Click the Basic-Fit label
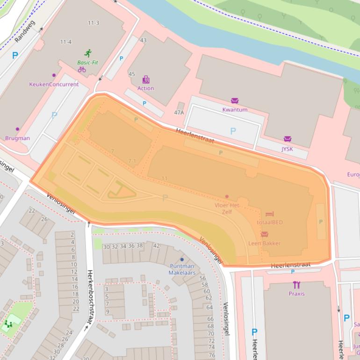[x=87, y=62]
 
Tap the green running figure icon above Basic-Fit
[x=87, y=53]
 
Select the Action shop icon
[x=146, y=80]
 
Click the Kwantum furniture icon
[x=235, y=101]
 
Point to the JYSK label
[x=287, y=149]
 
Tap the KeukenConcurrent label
[x=54, y=84]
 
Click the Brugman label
[x=17, y=138]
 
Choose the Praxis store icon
[x=296, y=285]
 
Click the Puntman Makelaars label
[x=182, y=269]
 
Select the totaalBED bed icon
[x=269, y=214]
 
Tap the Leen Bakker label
[x=264, y=243]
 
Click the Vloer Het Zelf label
[x=227, y=208]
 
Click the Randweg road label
[x=25, y=31]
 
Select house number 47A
[x=179, y=112]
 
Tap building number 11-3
[x=94, y=23]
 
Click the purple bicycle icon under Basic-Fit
[x=82, y=70]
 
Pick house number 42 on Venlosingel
[x=156, y=246]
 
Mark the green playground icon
[x=8, y=323]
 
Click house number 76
[x=212, y=355]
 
